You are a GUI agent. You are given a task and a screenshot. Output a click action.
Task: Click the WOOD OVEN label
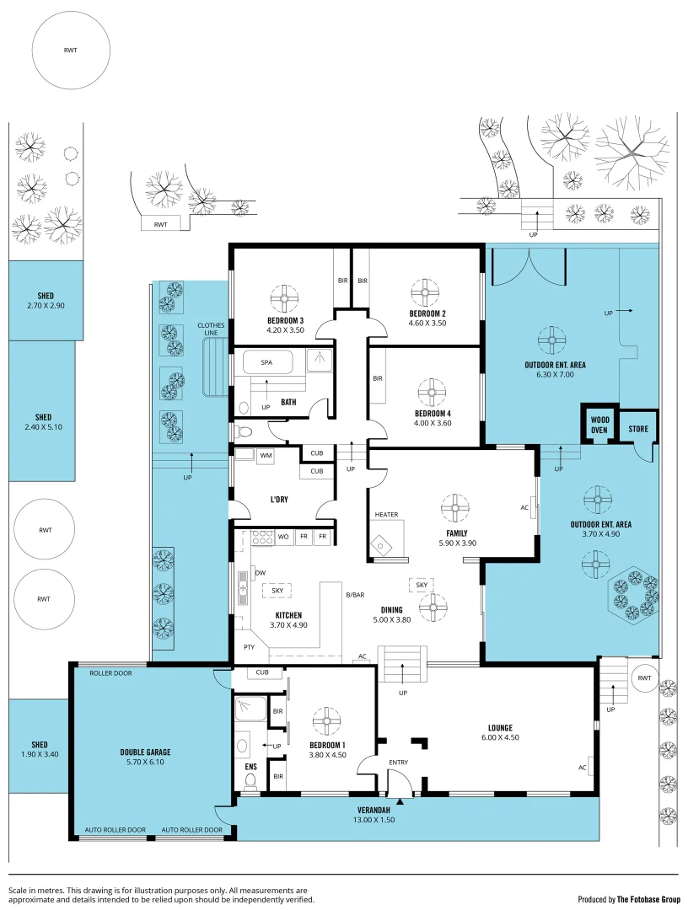599,425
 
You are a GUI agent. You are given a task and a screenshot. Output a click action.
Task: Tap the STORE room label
638,429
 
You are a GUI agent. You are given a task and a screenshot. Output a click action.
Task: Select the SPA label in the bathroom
266,362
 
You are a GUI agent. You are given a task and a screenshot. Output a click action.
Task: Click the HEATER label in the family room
386,515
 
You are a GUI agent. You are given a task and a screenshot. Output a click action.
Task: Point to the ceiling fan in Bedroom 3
285,297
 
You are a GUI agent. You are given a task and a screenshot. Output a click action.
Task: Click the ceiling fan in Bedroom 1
326,721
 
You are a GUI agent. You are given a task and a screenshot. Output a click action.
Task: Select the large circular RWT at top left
70,51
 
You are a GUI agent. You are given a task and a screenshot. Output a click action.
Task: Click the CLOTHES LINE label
211,329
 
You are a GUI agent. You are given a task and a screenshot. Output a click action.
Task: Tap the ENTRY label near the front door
398,763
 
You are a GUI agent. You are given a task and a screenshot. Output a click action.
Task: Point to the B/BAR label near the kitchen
355,596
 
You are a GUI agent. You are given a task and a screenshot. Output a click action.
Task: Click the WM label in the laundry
266,456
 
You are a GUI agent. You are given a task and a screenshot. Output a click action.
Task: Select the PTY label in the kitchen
249,647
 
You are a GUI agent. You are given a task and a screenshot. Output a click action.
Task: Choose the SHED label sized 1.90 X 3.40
40,745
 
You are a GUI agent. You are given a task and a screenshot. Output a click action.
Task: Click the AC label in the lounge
583,768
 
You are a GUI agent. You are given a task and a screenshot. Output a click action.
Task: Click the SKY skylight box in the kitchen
277,591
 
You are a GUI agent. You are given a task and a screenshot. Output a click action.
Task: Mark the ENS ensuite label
250,767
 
